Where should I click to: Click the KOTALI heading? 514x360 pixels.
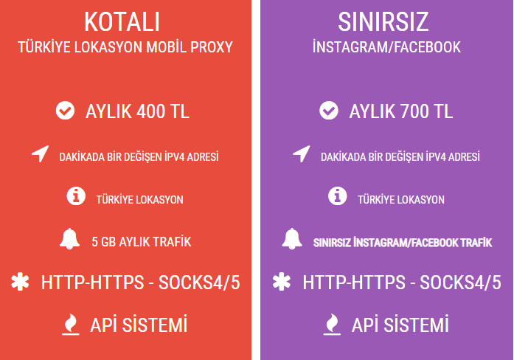pos(122,22)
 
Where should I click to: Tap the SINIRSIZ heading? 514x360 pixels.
pos(383,22)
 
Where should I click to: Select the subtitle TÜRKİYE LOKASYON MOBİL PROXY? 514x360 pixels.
pos(125,47)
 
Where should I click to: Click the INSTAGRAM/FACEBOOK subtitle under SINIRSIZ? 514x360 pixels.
pos(386,47)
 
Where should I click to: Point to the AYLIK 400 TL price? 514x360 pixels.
pos(137,111)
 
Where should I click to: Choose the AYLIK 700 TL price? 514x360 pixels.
pos(401,111)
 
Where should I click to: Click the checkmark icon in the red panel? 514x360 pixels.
pos(65,111)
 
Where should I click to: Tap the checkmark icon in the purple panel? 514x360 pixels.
pos(329,111)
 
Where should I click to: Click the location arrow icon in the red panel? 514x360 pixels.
pos(41,153)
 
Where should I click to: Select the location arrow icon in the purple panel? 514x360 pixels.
pos(302,153)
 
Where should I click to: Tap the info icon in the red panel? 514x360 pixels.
pos(76,196)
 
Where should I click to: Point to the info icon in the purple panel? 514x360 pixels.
pos(337,196)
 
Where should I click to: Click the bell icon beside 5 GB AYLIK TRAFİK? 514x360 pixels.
pos(69,239)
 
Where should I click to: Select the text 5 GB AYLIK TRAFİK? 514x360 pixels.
pos(142,242)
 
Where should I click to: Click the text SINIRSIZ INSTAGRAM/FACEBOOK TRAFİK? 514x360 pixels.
pos(403,243)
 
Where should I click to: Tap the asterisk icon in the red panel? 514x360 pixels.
pos(21,282)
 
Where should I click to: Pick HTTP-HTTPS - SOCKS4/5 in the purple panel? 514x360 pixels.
pos(402,283)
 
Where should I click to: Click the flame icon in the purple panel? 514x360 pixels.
pos(332,325)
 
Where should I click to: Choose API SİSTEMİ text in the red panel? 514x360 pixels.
pos(139,325)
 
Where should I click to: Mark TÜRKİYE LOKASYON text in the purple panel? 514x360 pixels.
pos(401,200)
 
